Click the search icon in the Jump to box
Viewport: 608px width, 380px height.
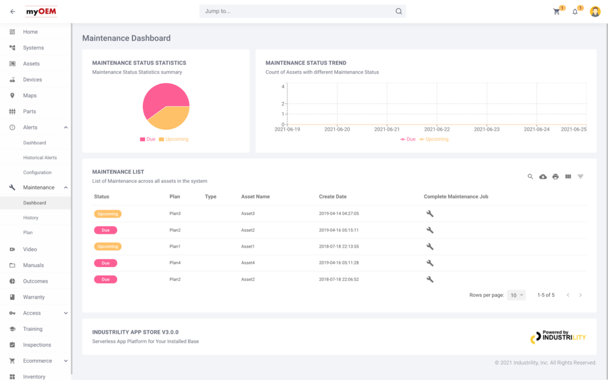click(x=399, y=11)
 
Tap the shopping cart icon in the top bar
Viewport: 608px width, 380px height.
click(x=556, y=11)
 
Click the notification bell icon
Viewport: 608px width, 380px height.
click(x=575, y=11)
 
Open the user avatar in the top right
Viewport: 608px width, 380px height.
click(x=595, y=11)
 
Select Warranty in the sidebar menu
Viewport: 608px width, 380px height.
click(x=34, y=297)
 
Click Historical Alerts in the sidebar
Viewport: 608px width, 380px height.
click(x=40, y=158)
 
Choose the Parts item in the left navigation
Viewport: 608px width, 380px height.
click(x=30, y=112)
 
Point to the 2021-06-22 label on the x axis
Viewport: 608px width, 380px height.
click(x=437, y=129)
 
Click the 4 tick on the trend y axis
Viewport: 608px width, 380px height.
click(x=283, y=87)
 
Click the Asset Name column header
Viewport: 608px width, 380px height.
click(x=255, y=197)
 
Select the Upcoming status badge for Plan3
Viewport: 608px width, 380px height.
click(x=107, y=214)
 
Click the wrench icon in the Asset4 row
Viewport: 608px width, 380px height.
click(x=430, y=263)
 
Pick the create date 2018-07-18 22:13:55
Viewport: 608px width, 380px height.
click(x=339, y=246)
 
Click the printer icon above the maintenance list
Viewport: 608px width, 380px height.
click(x=556, y=176)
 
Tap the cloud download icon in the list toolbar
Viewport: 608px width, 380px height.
click(x=543, y=176)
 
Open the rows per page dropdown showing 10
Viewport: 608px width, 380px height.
click(x=516, y=295)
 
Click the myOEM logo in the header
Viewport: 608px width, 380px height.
click(x=41, y=11)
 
